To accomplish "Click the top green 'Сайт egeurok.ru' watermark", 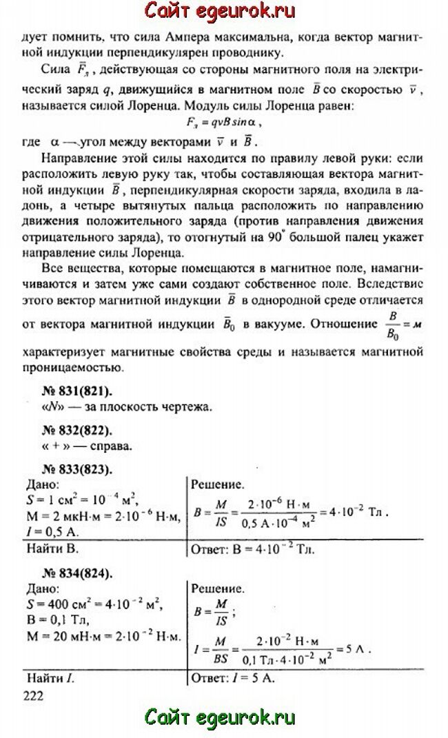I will point(219,12).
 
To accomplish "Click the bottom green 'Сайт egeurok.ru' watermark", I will point(219,718).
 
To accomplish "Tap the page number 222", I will point(33,695).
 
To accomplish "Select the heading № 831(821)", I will point(75,391).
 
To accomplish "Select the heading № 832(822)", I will point(75,431).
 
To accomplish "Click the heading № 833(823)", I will point(75,470).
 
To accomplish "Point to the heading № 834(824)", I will point(75,573).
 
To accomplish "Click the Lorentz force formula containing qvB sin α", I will point(225,121).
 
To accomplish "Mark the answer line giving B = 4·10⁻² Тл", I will point(245,549).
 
